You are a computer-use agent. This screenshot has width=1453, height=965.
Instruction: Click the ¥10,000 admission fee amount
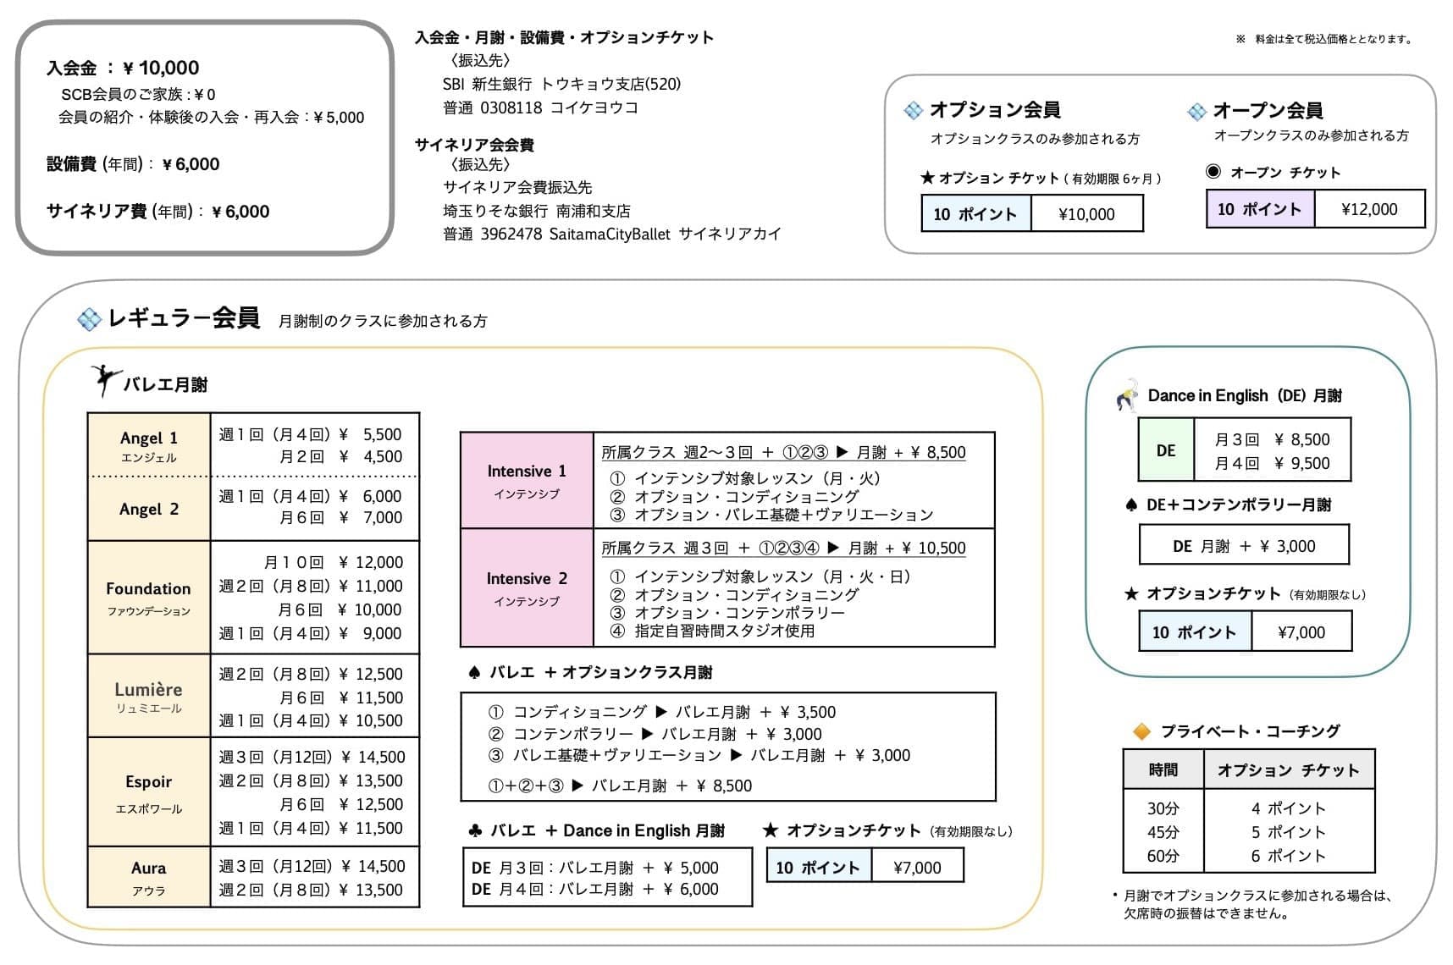click(161, 68)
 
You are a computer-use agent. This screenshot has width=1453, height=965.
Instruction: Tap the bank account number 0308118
click(511, 108)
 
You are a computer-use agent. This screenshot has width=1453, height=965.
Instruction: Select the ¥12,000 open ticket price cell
click(1369, 209)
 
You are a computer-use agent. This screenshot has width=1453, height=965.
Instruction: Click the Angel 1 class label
click(149, 438)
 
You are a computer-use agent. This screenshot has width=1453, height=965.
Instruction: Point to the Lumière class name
click(148, 689)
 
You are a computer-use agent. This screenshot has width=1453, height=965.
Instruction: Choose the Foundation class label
click(148, 588)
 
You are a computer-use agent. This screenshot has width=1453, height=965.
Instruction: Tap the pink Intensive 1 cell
click(527, 481)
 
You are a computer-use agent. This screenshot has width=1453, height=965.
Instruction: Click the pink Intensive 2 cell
click(527, 588)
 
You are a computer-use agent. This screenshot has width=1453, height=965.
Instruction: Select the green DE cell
click(1166, 450)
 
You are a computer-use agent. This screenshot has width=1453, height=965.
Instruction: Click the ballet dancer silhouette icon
click(104, 381)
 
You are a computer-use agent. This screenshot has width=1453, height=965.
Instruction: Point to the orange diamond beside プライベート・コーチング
click(1141, 731)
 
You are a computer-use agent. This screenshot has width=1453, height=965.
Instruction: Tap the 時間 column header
click(1163, 769)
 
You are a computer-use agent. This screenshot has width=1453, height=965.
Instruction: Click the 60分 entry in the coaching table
click(1163, 856)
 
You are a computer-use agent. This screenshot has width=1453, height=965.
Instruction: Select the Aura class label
click(149, 868)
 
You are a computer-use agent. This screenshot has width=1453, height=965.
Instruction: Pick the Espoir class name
click(148, 781)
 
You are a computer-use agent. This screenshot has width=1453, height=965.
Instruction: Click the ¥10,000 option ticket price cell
click(1086, 214)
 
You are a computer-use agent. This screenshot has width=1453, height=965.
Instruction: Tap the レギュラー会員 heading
click(184, 318)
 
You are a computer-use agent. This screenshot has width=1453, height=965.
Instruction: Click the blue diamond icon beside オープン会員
click(1196, 112)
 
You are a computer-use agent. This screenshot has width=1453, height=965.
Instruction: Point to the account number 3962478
click(511, 234)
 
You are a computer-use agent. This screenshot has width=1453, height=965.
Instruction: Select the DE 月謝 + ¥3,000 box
click(1244, 546)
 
